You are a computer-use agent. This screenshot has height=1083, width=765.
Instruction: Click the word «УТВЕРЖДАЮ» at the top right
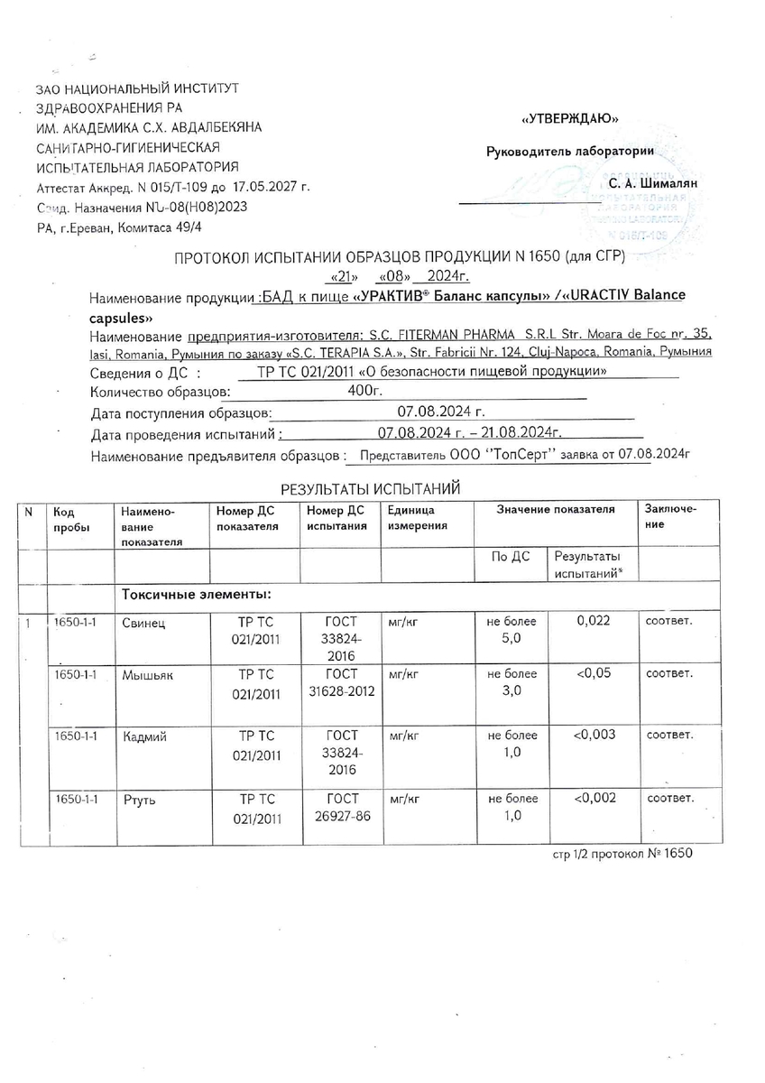[x=569, y=118]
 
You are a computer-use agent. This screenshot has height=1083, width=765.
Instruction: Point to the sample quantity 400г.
[x=365, y=392]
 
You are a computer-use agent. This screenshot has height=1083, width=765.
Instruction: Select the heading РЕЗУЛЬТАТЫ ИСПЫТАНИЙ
[x=370, y=489]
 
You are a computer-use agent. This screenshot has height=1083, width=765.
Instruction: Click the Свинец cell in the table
[x=144, y=623]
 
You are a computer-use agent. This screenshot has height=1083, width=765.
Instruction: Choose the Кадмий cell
[x=145, y=736]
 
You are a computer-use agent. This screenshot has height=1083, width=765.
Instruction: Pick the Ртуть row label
[x=140, y=800]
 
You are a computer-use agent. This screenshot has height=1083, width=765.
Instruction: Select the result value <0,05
[x=594, y=672]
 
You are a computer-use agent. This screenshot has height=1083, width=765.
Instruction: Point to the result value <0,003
[x=594, y=734]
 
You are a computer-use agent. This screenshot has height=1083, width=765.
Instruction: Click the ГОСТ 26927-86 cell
[x=342, y=808]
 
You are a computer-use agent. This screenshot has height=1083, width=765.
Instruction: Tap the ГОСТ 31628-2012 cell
[x=342, y=683]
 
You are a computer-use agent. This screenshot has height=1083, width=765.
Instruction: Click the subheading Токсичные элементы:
[x=197, y=595]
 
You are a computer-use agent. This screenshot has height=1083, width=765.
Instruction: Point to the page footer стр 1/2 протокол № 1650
[x=622, y=853]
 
